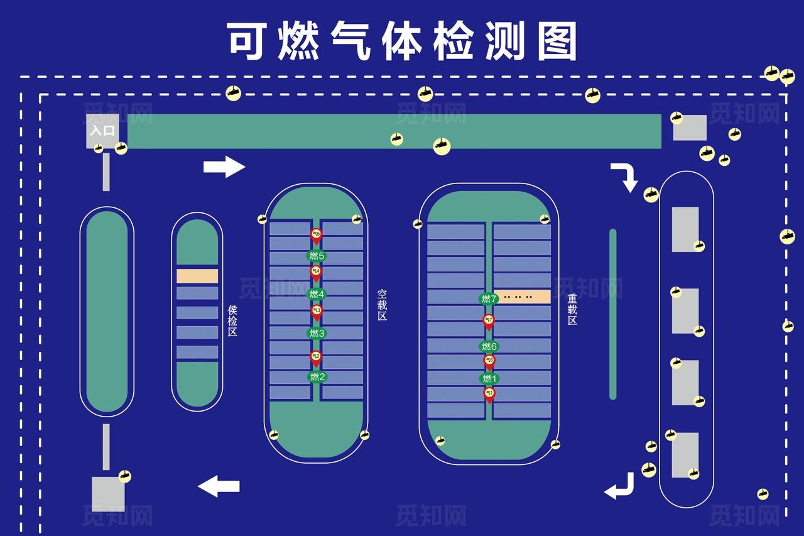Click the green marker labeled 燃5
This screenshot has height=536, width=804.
click(316, 256)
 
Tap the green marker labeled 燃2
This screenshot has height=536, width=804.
click(317, 377)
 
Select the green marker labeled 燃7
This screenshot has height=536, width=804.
click(489, 298)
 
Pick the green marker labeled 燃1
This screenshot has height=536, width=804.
click(489, 378)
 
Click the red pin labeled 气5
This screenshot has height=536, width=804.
click(316, 236)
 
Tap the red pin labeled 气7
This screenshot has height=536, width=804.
click(489, 320)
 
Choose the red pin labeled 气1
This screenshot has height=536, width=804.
click(489, 393)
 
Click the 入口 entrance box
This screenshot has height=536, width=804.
click(102, 131)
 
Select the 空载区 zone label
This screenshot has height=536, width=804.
click(382, 305)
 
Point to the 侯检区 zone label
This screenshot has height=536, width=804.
click(232, 320)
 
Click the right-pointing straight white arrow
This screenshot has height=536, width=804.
click(224, 167)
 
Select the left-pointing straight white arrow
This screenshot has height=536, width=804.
click(219, 486)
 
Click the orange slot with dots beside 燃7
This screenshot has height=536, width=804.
click(522, 297)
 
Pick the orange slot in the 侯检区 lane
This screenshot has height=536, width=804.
click(197, 276)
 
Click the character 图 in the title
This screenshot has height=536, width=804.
click(557, 41)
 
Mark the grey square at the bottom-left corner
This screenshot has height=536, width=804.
click(108, 494)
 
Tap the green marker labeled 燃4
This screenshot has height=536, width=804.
click(317, 294)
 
